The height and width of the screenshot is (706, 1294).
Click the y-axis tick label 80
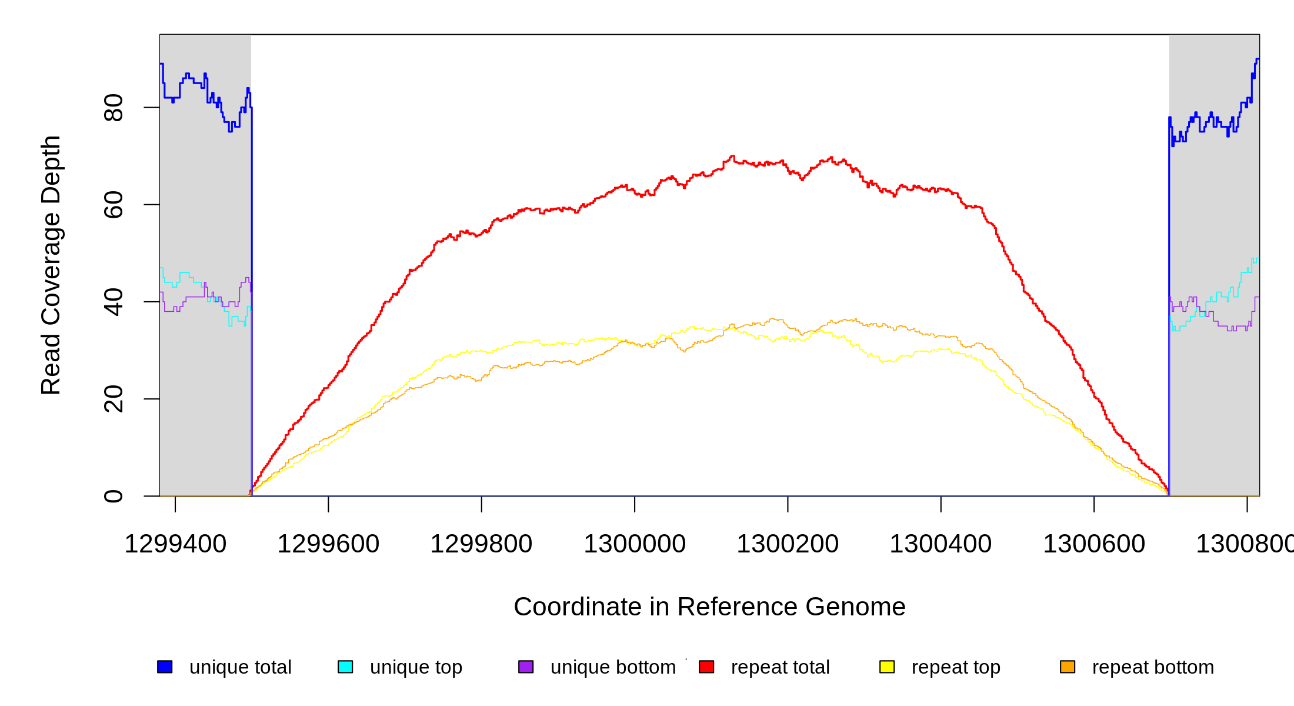click(113, 108)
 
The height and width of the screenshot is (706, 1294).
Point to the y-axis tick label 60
click(113, 205)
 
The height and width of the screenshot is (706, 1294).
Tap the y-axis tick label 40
click(113, 302)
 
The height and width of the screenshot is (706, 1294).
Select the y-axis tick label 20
click(113, 399)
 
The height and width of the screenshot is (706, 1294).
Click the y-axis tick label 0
click(113, 496)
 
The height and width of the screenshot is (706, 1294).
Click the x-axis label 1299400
click(175, 544)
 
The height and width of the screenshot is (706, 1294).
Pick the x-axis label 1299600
click(328, 544)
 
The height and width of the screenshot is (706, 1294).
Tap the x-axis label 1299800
click(481, 544)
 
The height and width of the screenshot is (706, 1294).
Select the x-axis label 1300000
click(635, 544)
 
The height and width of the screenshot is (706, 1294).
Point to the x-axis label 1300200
click(788, 544)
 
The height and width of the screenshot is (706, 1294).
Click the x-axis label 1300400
click(941, 544)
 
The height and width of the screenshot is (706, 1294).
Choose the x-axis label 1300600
click(1094, 544)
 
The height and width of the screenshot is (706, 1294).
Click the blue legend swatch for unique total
click(165, 667)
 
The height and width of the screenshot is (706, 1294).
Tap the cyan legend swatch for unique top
click(345, 667)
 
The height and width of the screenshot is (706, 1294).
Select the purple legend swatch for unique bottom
click(526, 667)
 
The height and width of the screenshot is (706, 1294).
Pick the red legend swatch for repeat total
click(706, 667)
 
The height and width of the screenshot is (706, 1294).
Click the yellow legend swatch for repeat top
click(887, 667)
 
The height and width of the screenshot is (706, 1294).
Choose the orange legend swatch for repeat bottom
click(1068, 667)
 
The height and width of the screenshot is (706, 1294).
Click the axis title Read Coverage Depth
click(51, 265)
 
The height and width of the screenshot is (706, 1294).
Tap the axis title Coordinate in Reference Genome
click(709, 607)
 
